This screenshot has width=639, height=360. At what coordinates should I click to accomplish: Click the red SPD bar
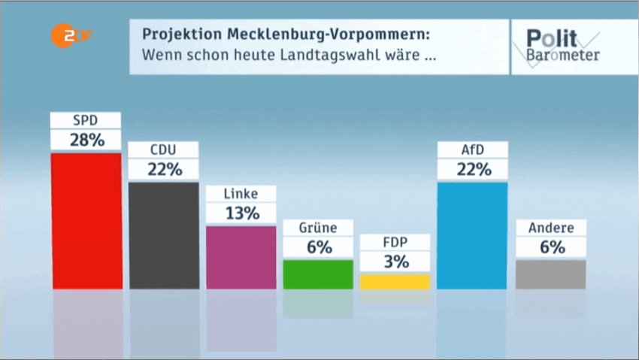point(86,221)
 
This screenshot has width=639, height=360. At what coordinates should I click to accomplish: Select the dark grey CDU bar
point(164,235)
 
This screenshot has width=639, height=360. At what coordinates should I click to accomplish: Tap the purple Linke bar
point(241,257)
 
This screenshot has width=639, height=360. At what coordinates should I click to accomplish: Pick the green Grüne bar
point(318,274)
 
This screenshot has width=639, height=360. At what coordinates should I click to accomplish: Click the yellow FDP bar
point(395,282)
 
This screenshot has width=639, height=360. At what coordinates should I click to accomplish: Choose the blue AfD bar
point(472,235)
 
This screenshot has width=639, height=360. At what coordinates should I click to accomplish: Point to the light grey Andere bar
point(550,274)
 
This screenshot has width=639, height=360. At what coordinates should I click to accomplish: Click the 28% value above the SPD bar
point(86,140)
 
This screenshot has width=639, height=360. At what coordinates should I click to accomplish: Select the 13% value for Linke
point(241,213)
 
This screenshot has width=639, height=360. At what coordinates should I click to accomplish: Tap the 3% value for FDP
point(395,262)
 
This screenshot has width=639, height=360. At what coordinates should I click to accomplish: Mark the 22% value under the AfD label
point(473,169)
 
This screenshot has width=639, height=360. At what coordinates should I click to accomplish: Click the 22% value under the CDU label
point(164,169)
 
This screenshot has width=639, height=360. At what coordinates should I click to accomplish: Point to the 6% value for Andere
point(550,247)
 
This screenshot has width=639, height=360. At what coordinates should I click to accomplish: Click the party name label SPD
point(86,119)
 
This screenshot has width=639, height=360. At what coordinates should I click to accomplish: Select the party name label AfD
point(473,149)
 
